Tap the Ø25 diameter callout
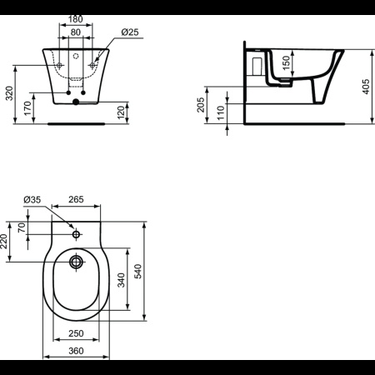click(130, 32)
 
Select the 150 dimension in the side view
click(286, 62)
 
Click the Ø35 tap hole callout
click(32, 199)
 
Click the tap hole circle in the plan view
click(76, 235)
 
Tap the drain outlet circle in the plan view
click(76, 263)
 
